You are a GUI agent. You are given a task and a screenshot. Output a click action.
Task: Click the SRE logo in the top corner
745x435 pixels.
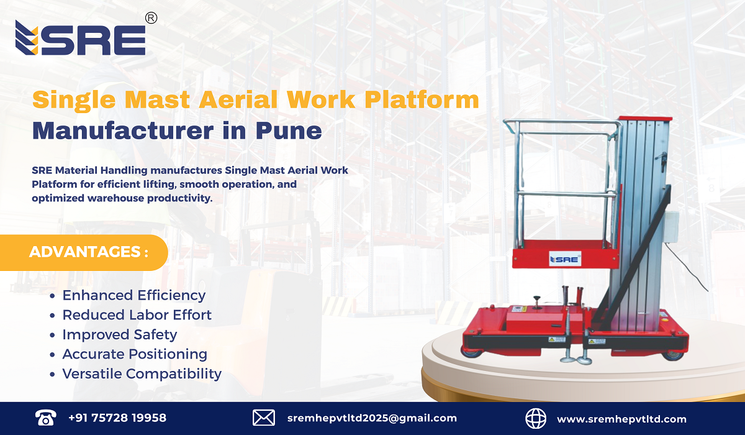click(x=81, y=39)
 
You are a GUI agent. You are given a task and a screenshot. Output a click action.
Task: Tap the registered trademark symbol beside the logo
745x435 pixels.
click(x=151, y=19)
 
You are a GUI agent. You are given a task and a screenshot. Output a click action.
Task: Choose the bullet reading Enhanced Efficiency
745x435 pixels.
click(x=133, y=295)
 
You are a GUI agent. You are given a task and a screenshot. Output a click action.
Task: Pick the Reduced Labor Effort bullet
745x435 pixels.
click(x=137, y=315)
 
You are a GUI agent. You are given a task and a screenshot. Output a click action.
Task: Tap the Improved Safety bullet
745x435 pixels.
click(x=119, y=334)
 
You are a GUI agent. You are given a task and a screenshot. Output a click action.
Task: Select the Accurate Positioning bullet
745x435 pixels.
click(x=135, y=354)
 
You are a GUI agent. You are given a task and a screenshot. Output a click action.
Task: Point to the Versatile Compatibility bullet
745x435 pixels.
click(x=142, y=373)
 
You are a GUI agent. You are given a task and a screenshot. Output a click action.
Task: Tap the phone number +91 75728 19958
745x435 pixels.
click(x=117, y=418)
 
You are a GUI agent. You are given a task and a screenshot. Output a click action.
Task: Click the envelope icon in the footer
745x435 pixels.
click(x=264, y=418)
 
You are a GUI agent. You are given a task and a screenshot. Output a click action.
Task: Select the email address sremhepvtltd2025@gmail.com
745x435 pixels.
click(x=372, y=418)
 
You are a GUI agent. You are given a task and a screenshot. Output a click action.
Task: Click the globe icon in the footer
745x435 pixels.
click(x=535, y=418)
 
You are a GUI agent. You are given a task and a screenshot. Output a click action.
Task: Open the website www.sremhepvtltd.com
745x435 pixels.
click(x=621, y=419)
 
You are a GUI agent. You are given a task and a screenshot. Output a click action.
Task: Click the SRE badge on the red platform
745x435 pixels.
click(x=564, y=259)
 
